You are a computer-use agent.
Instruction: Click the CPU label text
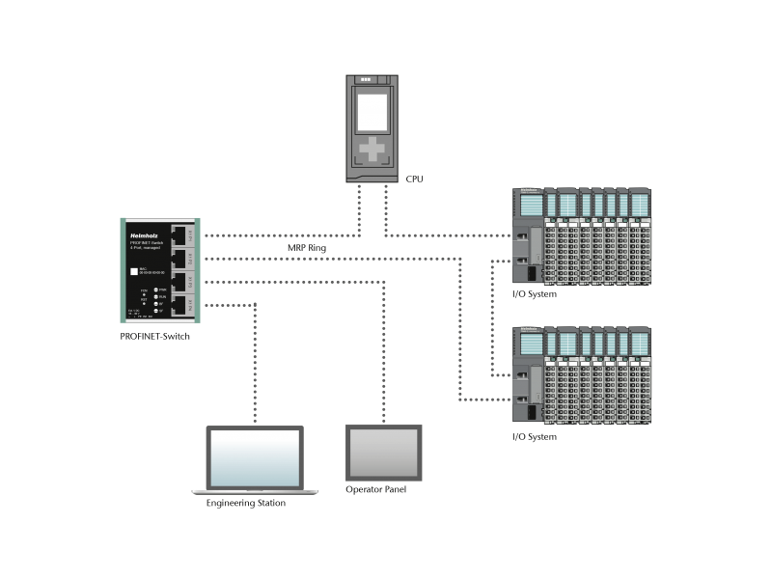click(414, 179)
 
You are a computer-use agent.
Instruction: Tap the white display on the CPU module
click(372, 111)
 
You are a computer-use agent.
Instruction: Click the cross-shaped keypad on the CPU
click(372, 150)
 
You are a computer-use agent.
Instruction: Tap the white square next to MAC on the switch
click(134, 271)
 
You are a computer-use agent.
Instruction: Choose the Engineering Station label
click(246, 503)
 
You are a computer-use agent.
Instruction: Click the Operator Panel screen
click(384, 452)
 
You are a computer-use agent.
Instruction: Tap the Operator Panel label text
click(376, 490)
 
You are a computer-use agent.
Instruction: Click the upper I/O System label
click(534, 294)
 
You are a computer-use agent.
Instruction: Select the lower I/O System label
click(534, 437)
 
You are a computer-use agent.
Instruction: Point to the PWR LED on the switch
click(155, 289)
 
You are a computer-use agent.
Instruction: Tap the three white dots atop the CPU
click(366, 80)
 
